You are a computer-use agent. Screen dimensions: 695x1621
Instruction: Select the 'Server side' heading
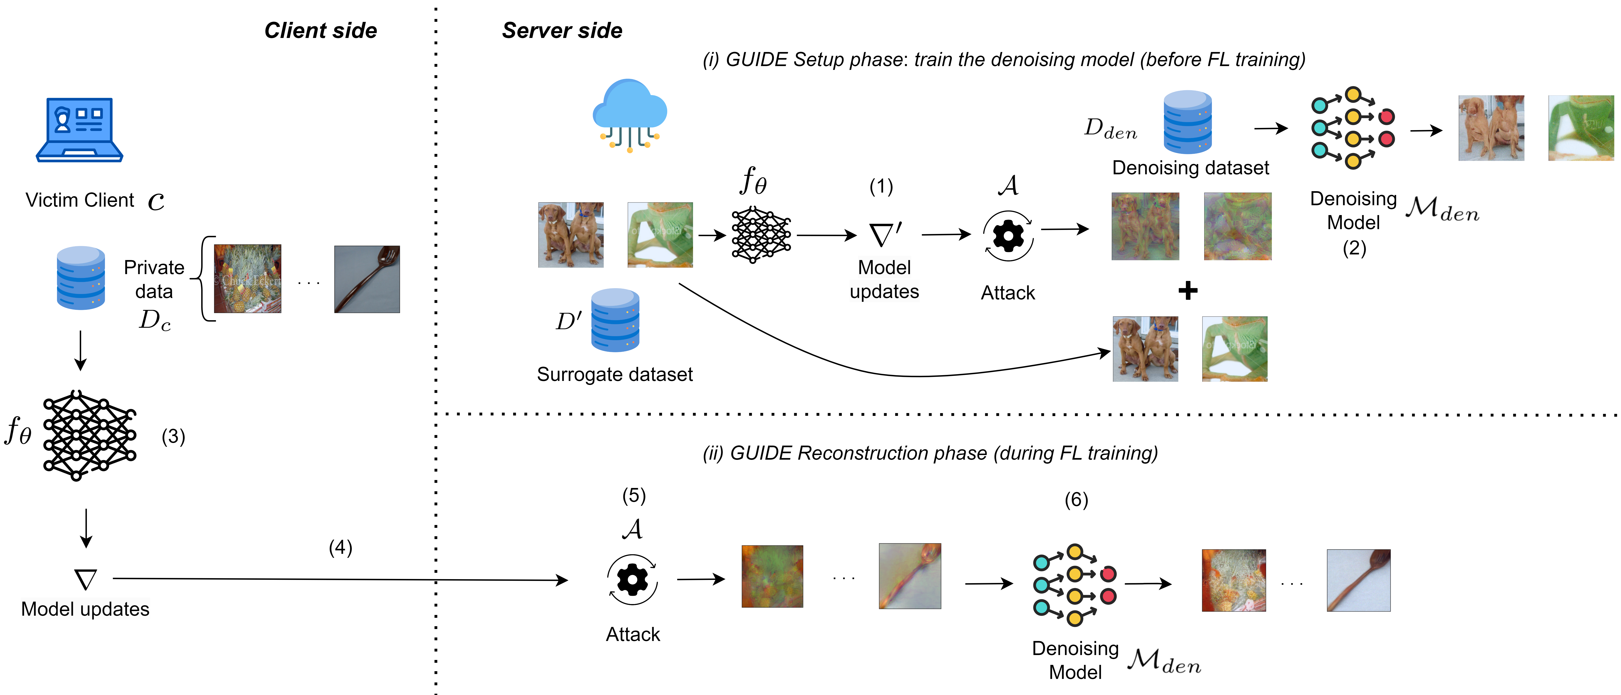pyautogui.click(x=562, y=30)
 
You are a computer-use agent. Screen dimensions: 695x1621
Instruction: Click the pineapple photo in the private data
pyautogui.click(x=247, y=279)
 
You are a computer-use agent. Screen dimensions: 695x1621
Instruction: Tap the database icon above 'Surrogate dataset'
pyautogui.click(x=615, y=320)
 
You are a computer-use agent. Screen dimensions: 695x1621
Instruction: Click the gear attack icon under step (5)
pyautogui.click(x=632, y=579)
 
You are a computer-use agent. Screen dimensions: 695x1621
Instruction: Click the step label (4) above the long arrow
pyautogui.click(x=340, y=547)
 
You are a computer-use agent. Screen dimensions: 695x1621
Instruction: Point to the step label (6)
pyautogui.click(x=1076, y=500)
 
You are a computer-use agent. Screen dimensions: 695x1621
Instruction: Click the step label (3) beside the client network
pyautogui.click(x=173, y=436)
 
